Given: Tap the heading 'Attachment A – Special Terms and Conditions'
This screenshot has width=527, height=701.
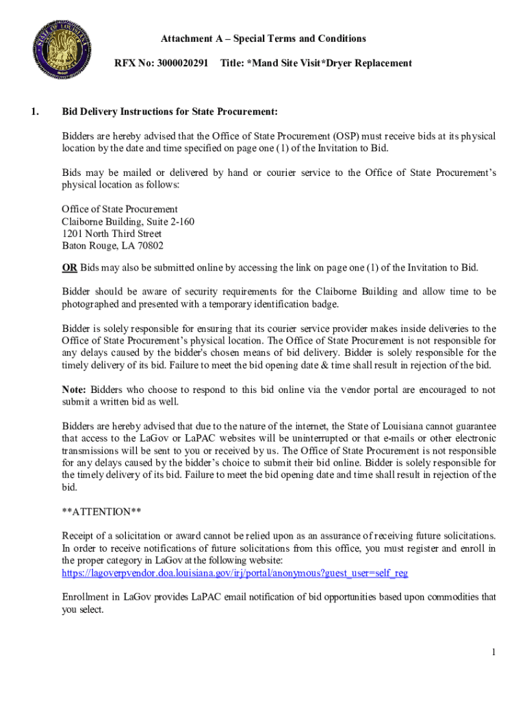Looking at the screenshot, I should [263, 38].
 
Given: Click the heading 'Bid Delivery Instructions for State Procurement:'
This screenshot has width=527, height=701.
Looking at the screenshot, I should [170, 112].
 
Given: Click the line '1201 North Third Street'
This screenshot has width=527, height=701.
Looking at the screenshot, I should [112, 233].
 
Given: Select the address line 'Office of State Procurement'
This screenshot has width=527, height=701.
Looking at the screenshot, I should [120, 209].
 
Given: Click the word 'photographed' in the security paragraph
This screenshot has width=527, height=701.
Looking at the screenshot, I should [90, 304].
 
